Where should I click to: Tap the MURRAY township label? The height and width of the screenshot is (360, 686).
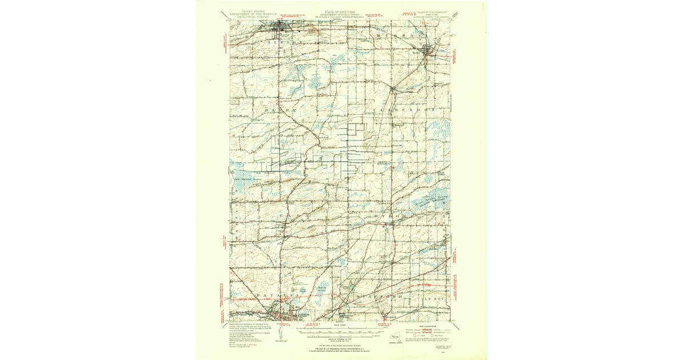coord(399,35)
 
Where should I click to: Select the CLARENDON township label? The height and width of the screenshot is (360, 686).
coord(404,108)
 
